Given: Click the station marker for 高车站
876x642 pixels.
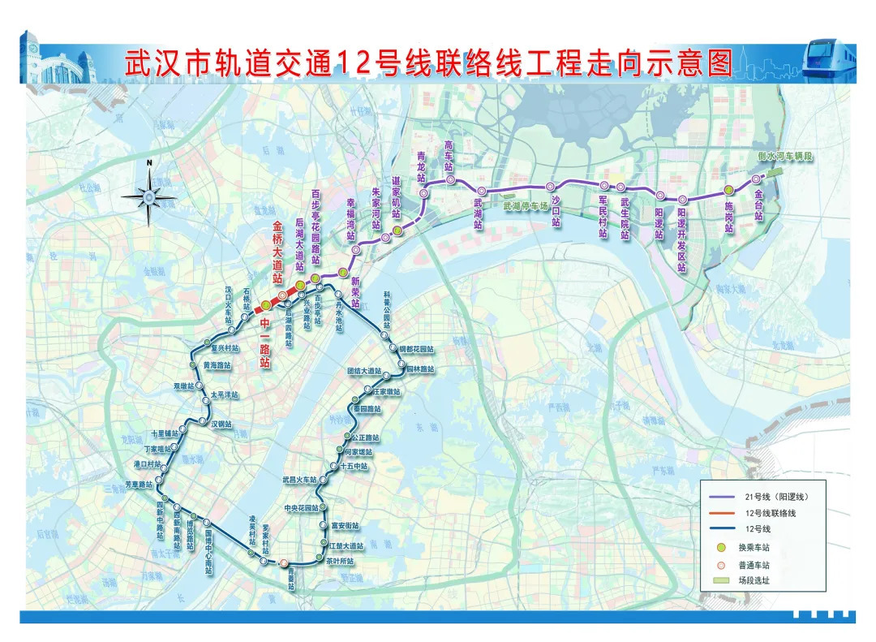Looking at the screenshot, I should pos(451,179).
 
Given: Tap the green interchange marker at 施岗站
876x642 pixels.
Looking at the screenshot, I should pos(728,191).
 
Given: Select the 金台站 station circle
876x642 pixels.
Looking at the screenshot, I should pos(756,179).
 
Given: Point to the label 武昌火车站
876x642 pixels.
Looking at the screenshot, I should pos(299,479).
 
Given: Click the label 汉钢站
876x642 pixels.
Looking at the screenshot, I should pos(222,424).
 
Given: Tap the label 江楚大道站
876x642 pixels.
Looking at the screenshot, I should pos(347,546).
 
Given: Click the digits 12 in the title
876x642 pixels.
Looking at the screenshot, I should pos(358,63).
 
